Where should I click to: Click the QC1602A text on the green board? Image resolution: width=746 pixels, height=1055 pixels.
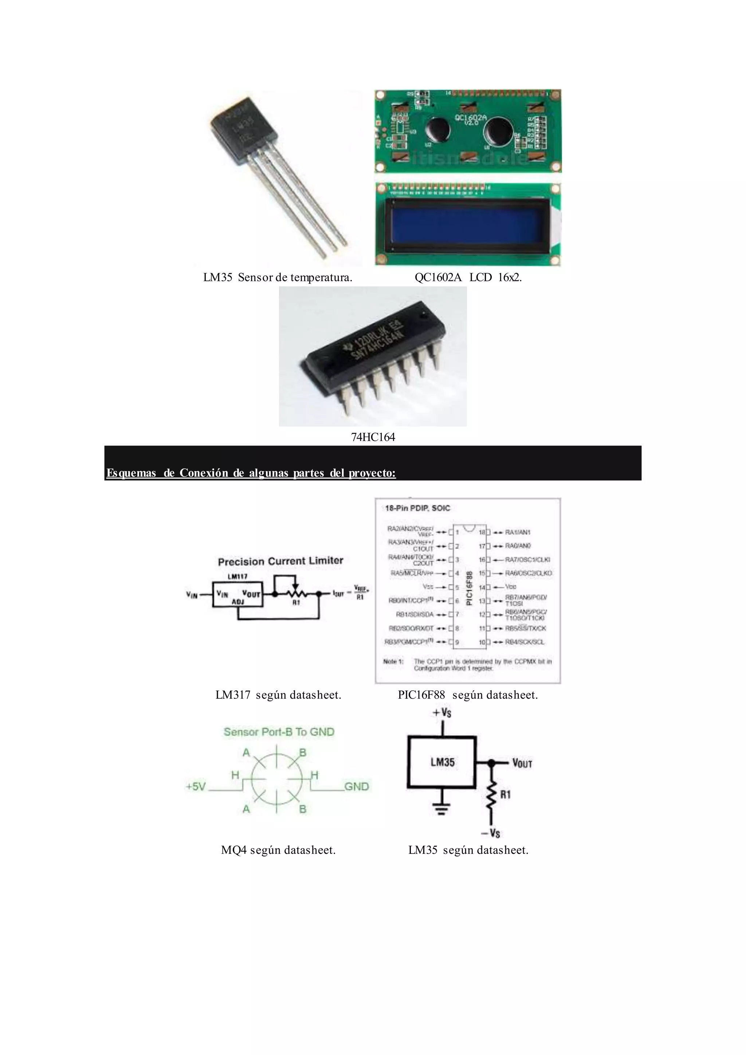pos(471,118)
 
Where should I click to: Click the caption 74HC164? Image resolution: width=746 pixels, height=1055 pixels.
pos(373,437)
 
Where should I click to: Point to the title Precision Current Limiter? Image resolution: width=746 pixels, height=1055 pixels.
pos(280,561)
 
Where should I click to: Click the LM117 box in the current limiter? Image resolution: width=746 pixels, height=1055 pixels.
pos(237,595)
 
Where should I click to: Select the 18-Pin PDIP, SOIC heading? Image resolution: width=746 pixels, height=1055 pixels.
pos(417,508)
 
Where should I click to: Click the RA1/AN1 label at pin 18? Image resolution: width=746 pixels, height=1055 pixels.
pos(518,532)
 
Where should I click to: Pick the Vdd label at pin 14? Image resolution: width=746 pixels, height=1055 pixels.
pos(511,587)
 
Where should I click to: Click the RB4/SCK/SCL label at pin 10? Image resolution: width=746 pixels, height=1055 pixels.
pos(525,642)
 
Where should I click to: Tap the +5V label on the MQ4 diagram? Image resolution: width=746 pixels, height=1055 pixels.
pos(196,787)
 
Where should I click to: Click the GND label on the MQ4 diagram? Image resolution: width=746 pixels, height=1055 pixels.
pos(357,787)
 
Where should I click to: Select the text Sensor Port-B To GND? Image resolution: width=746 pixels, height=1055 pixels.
pos(279,732)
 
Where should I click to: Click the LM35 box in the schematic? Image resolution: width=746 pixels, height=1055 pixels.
pos(442,762)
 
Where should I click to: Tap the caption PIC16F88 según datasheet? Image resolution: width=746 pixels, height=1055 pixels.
pos(468,695)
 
